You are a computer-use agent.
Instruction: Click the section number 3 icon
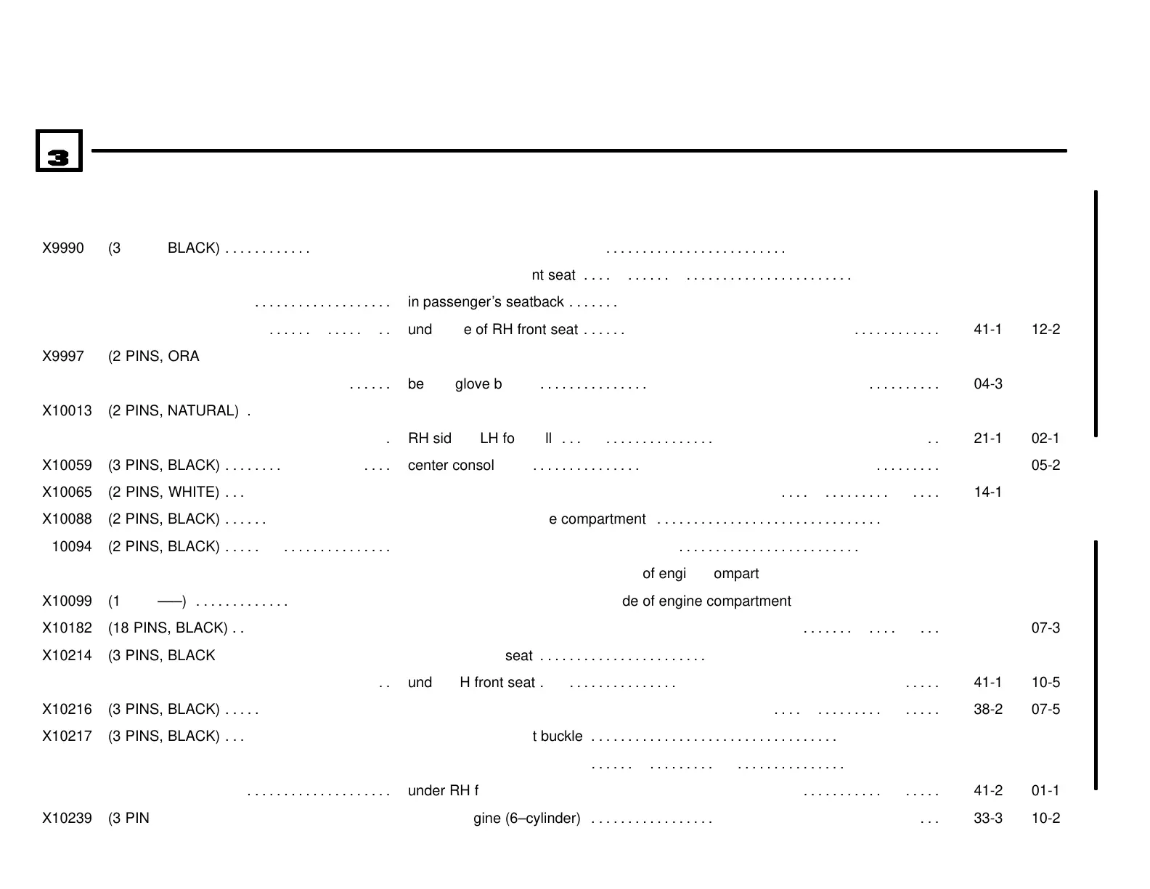(59, 151)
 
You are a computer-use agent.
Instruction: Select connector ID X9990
(63, 248)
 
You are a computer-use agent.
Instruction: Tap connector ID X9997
(63, 357)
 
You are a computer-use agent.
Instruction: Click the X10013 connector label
(67, 411)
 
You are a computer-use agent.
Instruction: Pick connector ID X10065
(67, 492)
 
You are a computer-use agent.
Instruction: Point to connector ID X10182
(67, 628)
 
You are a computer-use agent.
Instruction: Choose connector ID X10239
(67, 819)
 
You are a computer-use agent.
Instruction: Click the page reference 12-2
(1045, 330)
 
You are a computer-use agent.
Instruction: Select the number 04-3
(987, 384)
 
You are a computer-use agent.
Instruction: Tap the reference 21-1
(987, 439)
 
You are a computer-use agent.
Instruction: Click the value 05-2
(1045, 466)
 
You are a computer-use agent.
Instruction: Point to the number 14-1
(987, 492)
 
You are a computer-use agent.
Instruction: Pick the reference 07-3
(1045, 628)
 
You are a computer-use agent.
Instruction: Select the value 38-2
(987, 710)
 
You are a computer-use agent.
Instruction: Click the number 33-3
(987, 819)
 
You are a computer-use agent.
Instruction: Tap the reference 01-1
(1045, 791)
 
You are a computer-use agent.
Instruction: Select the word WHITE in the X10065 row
(193, 492)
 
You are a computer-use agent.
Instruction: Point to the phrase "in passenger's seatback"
(486, 302)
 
